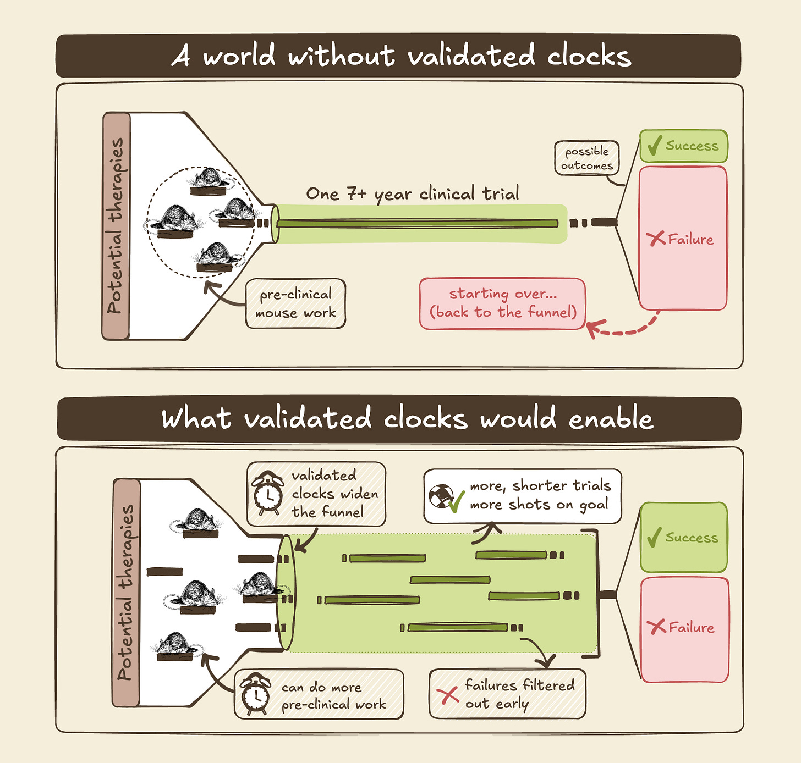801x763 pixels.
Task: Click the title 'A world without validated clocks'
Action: point(400,56)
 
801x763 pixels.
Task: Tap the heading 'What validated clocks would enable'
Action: point(407,419)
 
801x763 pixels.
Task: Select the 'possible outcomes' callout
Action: point(586,158)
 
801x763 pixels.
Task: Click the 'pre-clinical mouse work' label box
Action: point(296,303)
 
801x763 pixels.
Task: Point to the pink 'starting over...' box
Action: point(503,303)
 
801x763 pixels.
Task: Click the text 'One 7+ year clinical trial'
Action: point(413,194)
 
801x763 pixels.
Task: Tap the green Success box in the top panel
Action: point(684,146)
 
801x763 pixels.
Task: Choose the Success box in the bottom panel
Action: point(684,537)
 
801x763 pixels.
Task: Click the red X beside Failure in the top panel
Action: point(655,239)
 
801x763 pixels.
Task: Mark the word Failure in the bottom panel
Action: point(692,627)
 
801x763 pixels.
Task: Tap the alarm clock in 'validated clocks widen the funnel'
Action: point(268,494)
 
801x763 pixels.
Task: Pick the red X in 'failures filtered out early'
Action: point(449,695)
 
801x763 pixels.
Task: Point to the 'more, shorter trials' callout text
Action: point(540,495)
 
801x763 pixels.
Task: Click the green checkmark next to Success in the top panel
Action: point(654,146)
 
